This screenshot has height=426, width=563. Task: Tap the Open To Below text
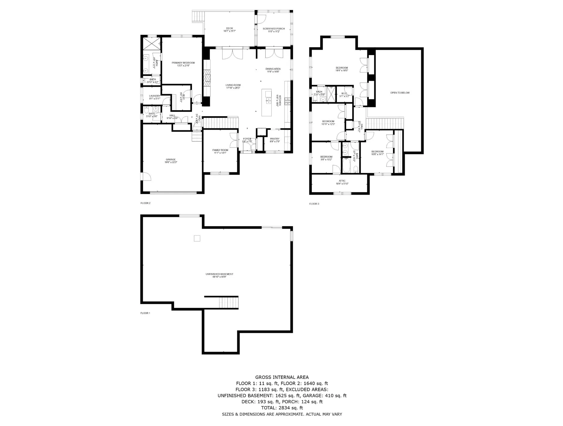click(400, 93)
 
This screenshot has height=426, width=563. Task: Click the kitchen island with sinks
click(267, 102)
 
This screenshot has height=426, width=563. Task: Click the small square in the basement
click(197, 238)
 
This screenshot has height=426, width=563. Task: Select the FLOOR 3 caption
click(314, 204)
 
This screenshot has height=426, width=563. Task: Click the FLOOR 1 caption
click(145, 313)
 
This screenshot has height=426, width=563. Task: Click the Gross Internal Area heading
click(282, 377)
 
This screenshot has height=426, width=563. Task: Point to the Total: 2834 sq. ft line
click(282, 408)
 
